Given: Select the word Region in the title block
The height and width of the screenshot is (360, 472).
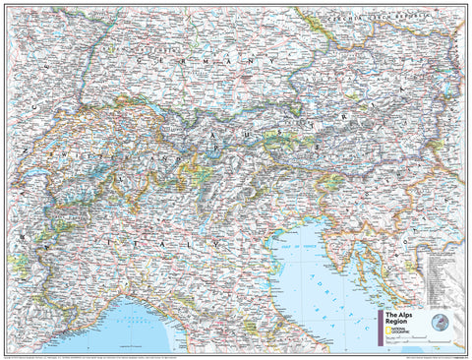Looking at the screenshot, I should (391, 322).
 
